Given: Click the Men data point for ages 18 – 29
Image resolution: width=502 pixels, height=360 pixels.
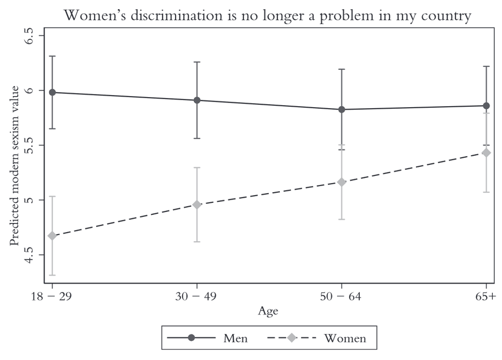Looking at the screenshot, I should point(52,92).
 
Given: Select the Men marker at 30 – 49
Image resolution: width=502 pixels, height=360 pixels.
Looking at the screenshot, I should point(197,100).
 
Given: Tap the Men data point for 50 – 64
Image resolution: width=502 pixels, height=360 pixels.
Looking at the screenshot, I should point(342,109).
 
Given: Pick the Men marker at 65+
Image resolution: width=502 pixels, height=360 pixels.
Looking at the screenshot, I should point(486,106).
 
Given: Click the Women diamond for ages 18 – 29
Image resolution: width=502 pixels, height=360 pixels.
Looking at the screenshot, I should point(52,236).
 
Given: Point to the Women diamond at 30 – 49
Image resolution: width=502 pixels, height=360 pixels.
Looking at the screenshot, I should point(197,205).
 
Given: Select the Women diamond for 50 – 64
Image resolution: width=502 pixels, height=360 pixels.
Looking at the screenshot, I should point(342,182).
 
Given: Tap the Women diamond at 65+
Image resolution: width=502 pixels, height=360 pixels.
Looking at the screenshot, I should point(486,153).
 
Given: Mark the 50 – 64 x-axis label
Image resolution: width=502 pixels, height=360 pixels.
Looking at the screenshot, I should point(342,297).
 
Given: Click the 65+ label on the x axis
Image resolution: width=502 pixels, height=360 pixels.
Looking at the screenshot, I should point(484,297).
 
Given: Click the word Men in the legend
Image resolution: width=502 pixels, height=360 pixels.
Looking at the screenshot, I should point(235,338).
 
